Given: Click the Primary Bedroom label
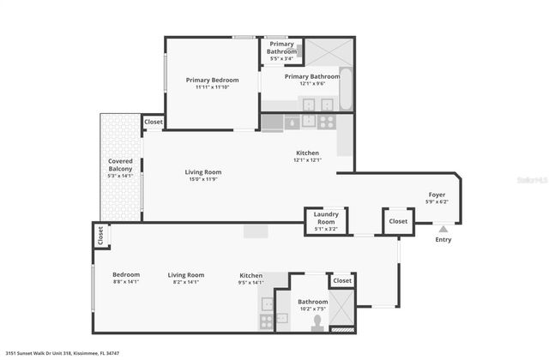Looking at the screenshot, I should (212, 80).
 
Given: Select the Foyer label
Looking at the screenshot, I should (437, 195).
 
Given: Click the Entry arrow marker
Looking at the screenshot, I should (443, 229).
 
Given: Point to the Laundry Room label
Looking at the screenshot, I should (326, 214).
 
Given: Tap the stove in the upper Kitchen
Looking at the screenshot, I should (326, 122).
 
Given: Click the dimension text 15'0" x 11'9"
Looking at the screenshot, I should (202, 179).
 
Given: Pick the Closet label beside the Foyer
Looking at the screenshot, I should (398, 220).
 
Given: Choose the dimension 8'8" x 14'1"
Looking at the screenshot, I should (125, 281).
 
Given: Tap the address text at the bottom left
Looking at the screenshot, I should (62, 352).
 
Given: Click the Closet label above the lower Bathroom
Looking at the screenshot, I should (341, 280).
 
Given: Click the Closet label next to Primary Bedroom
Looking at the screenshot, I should (154, 123).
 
